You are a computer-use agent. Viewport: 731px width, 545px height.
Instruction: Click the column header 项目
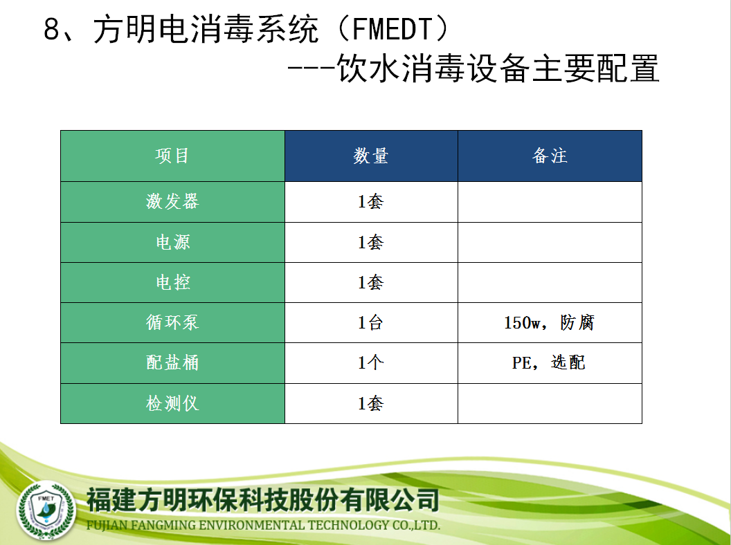[x=172, y=156]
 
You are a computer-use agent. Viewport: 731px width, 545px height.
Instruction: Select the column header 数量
[x=370, y=156]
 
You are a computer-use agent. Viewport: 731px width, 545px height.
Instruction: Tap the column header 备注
[x=550, y=156]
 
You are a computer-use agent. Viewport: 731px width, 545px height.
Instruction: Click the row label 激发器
[x=172, y=201]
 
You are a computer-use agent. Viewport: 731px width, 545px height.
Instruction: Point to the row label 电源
[x=172, y=242]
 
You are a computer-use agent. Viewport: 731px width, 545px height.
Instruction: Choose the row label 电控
[x=172, y=282]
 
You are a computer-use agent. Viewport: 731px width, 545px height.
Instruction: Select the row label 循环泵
[x=172, y=322]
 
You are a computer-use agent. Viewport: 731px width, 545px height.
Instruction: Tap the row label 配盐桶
[x=172, y=362]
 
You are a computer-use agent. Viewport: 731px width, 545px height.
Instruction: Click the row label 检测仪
[x=172, y=403]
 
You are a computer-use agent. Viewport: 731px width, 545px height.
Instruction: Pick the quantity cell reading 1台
[x=370, y=322]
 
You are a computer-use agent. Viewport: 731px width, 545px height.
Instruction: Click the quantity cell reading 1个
[x=370, y=362]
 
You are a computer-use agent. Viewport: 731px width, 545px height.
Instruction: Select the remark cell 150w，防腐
[x=549, y=322]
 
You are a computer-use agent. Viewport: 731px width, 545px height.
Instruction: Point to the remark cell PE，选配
[x=549, y=362]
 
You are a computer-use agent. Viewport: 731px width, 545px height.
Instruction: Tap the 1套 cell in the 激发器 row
[x=370, y=201]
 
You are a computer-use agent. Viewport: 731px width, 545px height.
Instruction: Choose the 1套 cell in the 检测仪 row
[x=370, y=403]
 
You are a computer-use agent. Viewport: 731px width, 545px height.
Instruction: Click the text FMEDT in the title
[x=392, y=29]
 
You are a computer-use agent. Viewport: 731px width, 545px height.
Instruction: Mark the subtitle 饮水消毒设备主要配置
[x=498, y=68]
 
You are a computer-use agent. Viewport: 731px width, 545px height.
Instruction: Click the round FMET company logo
[x=46, y=510]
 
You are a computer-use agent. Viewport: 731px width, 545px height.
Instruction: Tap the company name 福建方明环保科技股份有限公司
[x=263, y=500]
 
